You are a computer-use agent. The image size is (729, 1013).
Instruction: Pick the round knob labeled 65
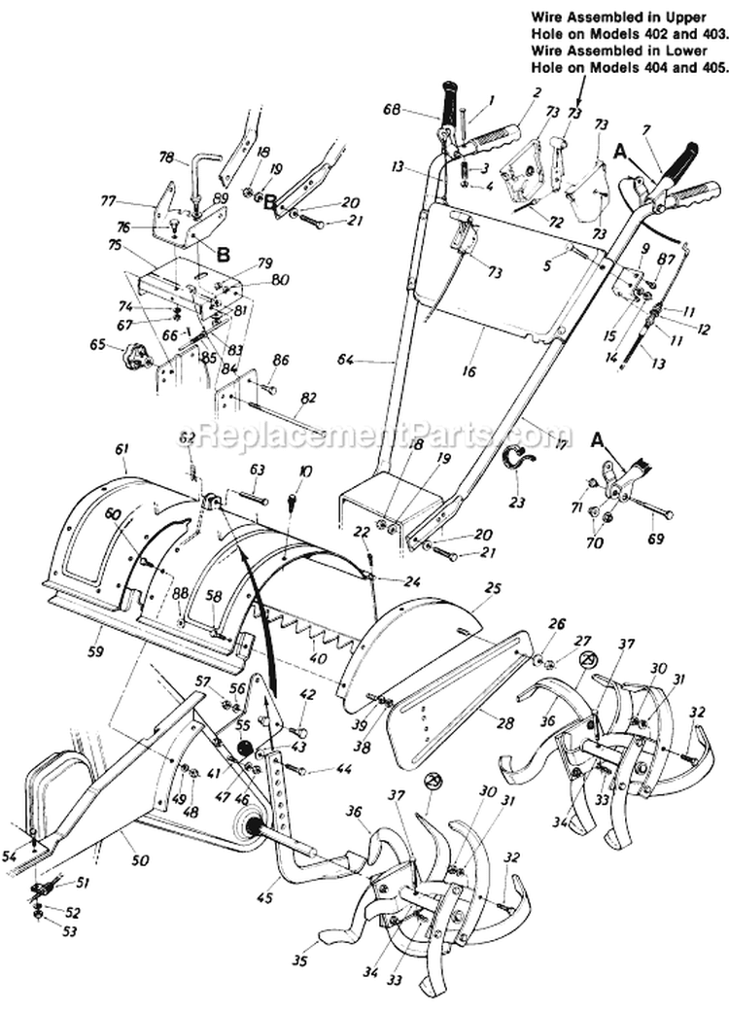pyautogui.click(x=132, y=357)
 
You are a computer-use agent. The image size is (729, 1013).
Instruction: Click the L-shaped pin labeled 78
pyautogui.click(x=207, y=161)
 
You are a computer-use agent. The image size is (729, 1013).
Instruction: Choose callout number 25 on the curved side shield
pyautogui.click(x=494, y=589)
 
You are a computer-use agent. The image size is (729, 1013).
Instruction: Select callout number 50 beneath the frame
pyautogui.click(x=129, y=861)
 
